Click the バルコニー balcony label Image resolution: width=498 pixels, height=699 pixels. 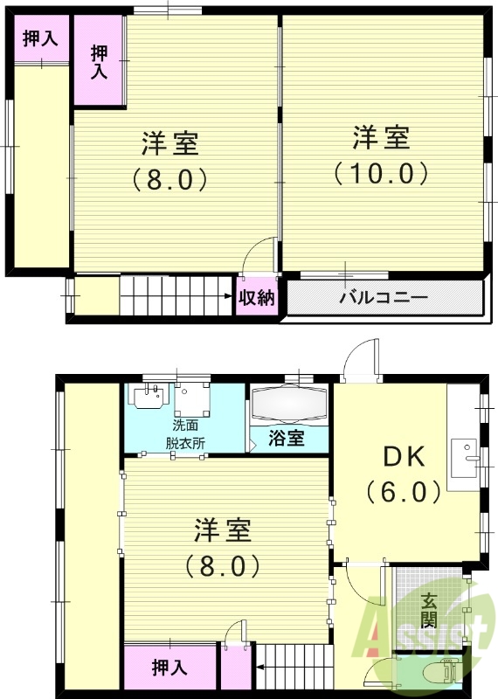[384, 298]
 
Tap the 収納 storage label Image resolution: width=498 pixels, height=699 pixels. [258, 298]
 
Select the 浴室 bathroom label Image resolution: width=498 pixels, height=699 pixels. [286, 438]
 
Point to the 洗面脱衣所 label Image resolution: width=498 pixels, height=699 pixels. [185, 433]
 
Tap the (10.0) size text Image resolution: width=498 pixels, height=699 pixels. [381, 172]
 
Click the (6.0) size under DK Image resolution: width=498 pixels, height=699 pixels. [403, 492]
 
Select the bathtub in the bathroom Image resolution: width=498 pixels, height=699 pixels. [289, 405]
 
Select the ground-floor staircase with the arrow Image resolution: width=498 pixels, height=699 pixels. [294, 672]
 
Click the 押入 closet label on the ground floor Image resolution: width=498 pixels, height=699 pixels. [169, 668]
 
